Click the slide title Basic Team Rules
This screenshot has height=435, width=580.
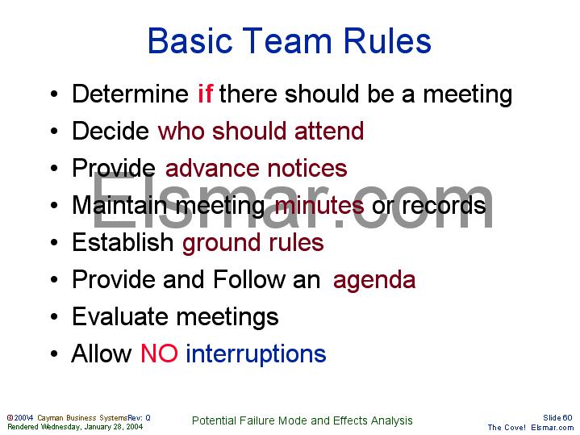pyautogui.click(x=290, y=41)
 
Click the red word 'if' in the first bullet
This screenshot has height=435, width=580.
pyautogui.click(x=205, y=94)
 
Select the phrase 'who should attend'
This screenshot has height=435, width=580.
pyautogui.click(x=261, y=131)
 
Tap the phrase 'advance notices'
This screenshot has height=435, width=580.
pyautogui.click(x=256, y=168)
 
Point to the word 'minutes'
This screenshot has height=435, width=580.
pyautogui.click(x=319, y=205)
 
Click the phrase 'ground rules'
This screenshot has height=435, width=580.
pyautogui.click(x=252, y=242)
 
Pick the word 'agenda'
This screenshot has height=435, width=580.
pyautogui.click(x=374, y=280)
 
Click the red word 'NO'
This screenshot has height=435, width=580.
pyautogui.click(x=159, y=353)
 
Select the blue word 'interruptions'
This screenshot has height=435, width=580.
pyautogui.click(x=256, y=353)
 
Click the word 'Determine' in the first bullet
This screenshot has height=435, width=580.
pyautogui.click(x=130, y=94)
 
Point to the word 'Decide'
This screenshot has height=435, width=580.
pyautogui.click(x=111, y=131)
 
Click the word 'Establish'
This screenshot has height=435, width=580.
pyautogui.click(x=123, y=242)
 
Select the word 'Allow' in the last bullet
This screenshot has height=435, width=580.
pyautogui.click(x=102, y=353)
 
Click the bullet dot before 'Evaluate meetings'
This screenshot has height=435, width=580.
pyautogui.click(x=52, y=317)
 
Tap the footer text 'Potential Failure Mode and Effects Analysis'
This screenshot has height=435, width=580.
pyautogui.click(x=303, y=420)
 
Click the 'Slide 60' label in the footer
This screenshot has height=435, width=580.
pyautogui.click(x=557, y=417)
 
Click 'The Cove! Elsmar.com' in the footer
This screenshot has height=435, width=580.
pyautogui.click(x=530, y=427)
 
